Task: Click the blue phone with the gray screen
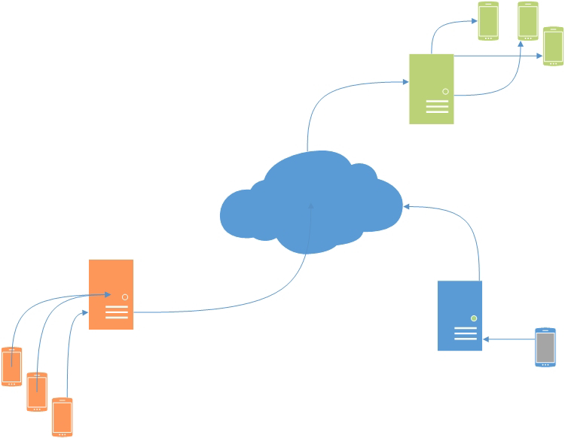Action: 545,347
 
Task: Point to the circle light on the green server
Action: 445,91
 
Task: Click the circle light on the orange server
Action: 125,297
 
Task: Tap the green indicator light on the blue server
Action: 474,318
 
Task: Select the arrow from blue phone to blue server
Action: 508,339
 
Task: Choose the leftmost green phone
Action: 488,21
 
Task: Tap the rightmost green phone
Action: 554,47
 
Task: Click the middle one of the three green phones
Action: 527,21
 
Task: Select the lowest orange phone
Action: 63,417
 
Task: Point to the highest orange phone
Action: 12,366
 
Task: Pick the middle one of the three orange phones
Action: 37,391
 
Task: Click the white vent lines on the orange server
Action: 117,312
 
